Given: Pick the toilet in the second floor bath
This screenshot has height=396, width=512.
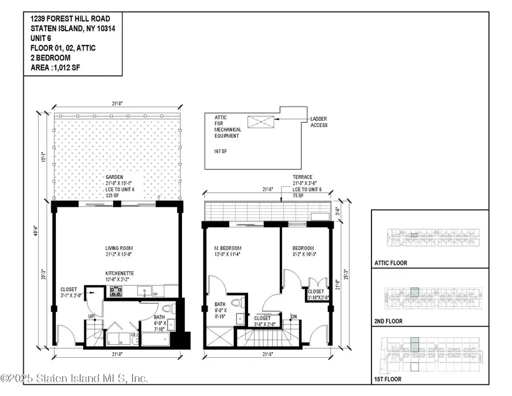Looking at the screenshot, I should [x=241, y=303].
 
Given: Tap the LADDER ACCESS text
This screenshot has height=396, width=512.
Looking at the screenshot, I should [x=318, y=122].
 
